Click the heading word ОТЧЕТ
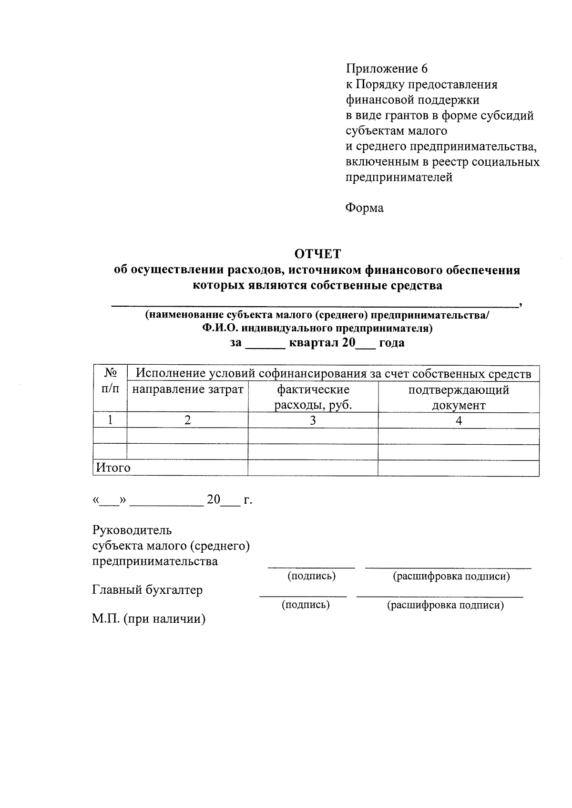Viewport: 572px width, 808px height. [317, 253]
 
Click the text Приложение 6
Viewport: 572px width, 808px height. [387, 69]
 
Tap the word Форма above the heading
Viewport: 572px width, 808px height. [364, 208]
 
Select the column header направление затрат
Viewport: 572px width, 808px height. [187, 390]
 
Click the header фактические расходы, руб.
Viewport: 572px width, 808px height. [313, 397]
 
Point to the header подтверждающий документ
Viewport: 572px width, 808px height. [459, 397]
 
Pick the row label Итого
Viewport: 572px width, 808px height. [113, 468]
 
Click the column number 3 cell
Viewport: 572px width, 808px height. [313, 420]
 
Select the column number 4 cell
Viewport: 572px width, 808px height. [459, 420]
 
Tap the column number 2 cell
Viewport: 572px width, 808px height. [187, 420]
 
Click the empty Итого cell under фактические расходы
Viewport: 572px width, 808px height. [313, 468]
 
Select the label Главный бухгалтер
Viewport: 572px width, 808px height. [147, 590]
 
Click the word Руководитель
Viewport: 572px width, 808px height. [132, 530]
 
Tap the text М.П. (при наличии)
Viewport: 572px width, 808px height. [148, 619]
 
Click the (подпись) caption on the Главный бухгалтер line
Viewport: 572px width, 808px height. [306, 605]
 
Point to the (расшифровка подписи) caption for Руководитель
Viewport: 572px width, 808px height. [451, 576]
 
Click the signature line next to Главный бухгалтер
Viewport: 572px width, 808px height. [303, 596]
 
